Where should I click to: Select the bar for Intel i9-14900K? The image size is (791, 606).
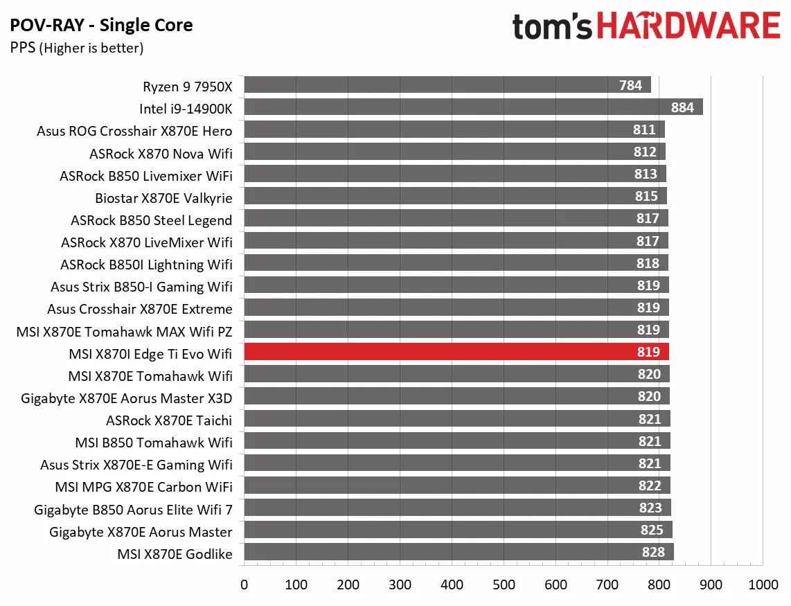(x=473, y=107)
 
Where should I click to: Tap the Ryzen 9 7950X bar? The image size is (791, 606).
(x=447, y=85)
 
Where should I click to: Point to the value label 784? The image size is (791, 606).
(x=631, y=85)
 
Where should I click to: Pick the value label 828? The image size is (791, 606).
(x=653, y=552)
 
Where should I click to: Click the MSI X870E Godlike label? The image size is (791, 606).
(x=175, y=553)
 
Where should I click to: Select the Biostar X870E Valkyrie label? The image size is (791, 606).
(x=163, y=198)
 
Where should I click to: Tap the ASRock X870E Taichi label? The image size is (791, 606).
(x=169, y=420)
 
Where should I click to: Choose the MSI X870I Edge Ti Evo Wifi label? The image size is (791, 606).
(x=150, y=353)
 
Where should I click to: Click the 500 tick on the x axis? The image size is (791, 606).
(x=504, y=585)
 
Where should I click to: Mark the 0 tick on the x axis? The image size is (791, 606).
(x=244, y=585)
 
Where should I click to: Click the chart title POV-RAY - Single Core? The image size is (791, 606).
(x=101, y=26)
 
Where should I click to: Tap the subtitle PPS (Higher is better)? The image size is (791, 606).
(x=77, y=48)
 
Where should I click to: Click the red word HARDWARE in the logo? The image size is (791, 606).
(x=688, y=26)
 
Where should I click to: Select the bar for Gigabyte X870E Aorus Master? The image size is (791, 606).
(x=458, y=530)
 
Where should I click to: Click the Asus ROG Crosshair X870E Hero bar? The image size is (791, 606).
(x=454, y=130)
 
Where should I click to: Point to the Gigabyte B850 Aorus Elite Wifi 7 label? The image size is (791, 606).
(x=133, y=509)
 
